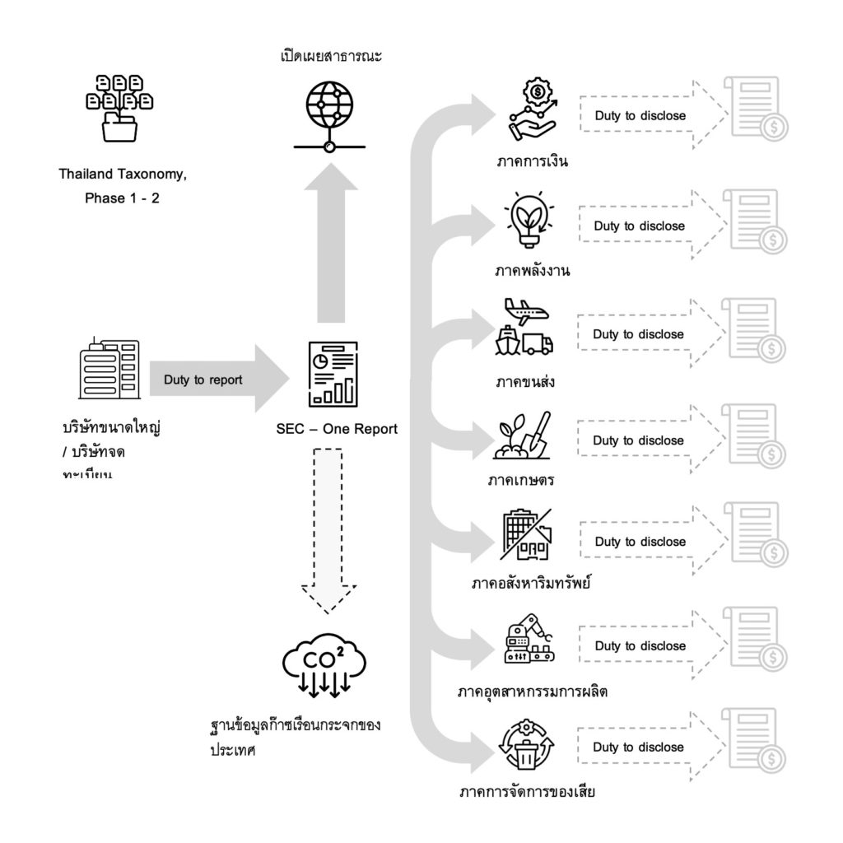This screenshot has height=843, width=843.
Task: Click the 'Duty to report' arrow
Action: pyautogui.click(x=216, y=380)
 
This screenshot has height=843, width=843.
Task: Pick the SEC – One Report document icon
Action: pyautogui.click(x=333, y=375)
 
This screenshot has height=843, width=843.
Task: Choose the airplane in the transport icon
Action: pyautogui.click(x=527, y=312)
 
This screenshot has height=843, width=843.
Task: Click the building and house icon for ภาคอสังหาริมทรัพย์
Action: pyautogui.click(x=524, y=537)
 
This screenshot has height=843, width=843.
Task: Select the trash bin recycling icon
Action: pyautogui.click(x=527, y=746)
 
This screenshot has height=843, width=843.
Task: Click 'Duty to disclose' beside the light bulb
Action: pyautogui.click(x=639, y=226)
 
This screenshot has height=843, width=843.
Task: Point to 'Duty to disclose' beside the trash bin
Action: pyautogui.click(x=639, y=747)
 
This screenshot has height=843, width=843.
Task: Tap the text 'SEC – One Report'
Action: pyautogui.click(x=337, y=429)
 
